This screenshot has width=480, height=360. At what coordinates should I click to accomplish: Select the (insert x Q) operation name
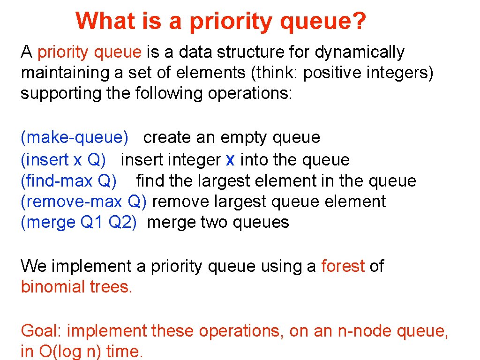click(x=63, y=160)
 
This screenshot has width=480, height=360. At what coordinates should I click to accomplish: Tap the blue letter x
click(x=230, y=160)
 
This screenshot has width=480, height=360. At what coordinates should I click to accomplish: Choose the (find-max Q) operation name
click(x=69, y=180)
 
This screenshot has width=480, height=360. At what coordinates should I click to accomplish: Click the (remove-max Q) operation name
click(x=84, y=202)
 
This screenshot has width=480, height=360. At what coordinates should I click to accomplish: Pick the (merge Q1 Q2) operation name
click(x=79, y=222)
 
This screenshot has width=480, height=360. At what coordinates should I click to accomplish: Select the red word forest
click(x=343, y=266)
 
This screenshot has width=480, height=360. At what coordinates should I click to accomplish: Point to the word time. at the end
click(x=124, y=351)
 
